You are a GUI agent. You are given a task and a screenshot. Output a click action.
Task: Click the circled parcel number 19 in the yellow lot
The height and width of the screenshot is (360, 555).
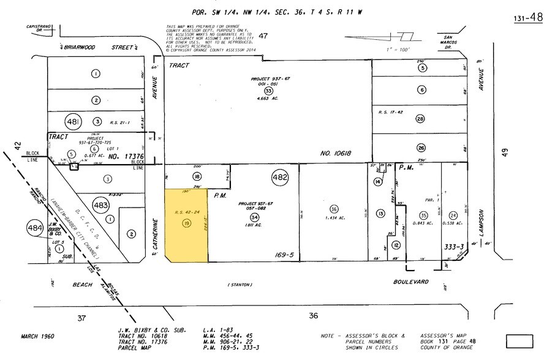(186, 224)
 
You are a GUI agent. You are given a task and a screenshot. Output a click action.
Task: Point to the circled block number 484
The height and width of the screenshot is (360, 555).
(35, 228)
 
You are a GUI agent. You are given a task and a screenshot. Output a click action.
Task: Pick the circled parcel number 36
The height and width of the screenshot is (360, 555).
(333, 208)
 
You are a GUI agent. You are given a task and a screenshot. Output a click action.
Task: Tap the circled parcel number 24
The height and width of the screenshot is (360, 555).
(453, 215)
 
